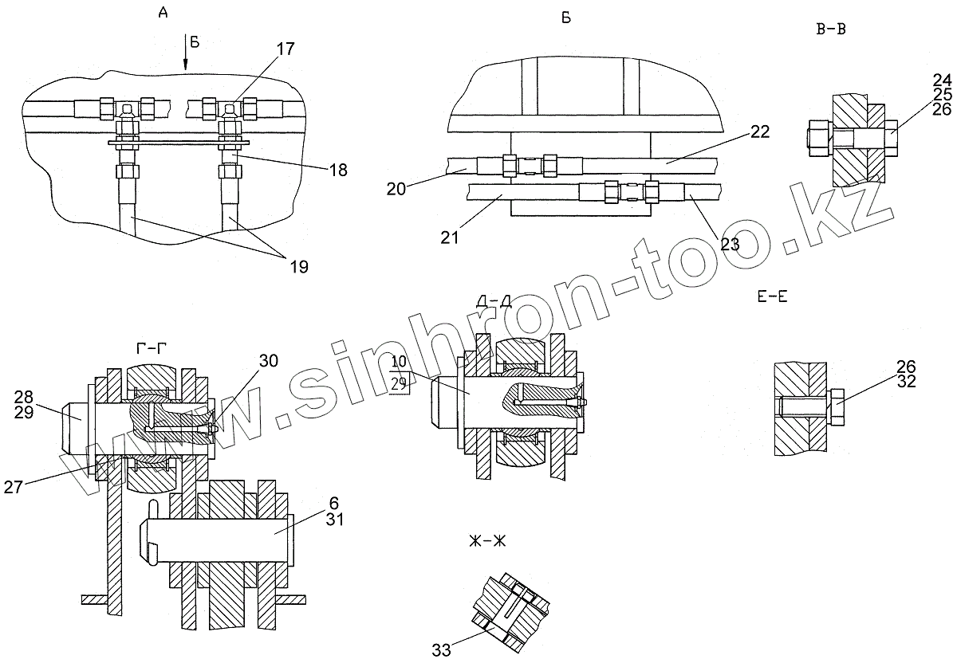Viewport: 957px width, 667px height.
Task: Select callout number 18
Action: click(x=337, y=171)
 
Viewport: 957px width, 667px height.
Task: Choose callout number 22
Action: click(x=759, y=132)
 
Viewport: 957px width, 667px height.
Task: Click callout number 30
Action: click(x=268, y=360)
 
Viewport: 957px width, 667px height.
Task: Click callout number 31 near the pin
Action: click(x=333, y=519)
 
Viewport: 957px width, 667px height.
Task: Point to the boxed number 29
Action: click(x=400, y=383)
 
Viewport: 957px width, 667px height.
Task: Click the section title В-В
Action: click(x=832, y=29)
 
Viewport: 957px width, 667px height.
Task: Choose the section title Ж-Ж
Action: click(x=488, y=542)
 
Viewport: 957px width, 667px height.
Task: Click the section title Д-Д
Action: click(x=494, y=301)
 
